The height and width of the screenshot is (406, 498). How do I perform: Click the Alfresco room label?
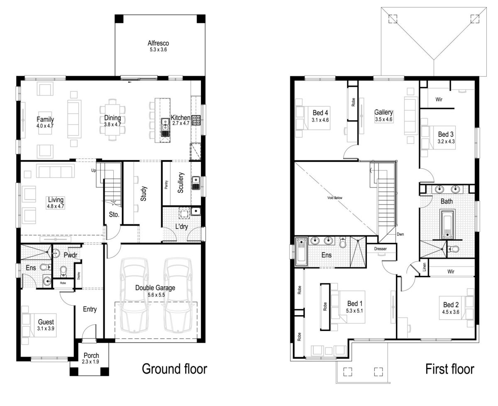158,43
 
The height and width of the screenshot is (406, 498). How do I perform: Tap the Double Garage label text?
155,287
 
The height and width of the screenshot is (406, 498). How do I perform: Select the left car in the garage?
133,295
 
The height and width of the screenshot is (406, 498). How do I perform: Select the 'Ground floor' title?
174,368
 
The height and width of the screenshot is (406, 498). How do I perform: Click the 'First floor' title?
449,368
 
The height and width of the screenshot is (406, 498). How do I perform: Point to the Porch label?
91,355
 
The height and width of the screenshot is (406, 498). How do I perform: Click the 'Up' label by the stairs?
94,170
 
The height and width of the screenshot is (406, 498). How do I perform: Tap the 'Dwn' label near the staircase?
400,234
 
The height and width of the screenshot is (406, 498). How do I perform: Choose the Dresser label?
381,249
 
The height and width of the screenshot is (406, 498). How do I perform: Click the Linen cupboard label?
424,267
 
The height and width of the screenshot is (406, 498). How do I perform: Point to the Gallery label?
383,112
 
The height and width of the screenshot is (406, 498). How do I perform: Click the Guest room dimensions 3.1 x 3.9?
46,328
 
